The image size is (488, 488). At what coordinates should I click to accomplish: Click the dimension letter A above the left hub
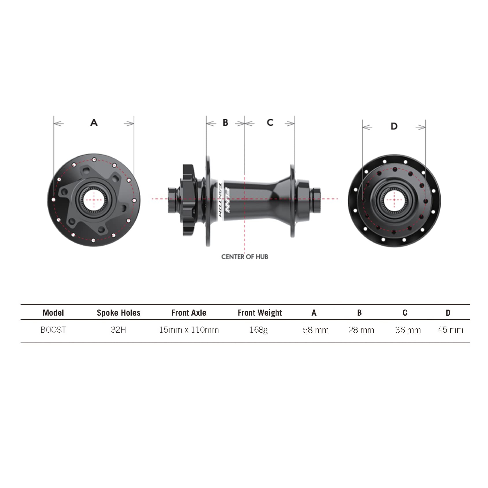click(x=94, y=122)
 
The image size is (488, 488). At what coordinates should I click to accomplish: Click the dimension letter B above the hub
click(x=226, y=122)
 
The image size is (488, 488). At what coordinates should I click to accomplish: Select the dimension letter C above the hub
click(x=270, y=122)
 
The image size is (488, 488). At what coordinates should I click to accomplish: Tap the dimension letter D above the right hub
click(x=394, y=126)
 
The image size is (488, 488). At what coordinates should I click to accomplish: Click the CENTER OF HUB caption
click(x=245, y=257)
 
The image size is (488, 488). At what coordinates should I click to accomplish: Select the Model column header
click(x=53, y=313)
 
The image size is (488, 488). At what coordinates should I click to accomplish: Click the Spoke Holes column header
click(x=118, y=313)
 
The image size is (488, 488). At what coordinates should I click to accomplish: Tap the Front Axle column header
click(x=189, y=313)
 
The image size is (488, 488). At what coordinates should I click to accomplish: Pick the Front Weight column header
click(x=260, y=313)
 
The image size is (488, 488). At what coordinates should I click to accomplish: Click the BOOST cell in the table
click(x=53, y=330)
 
